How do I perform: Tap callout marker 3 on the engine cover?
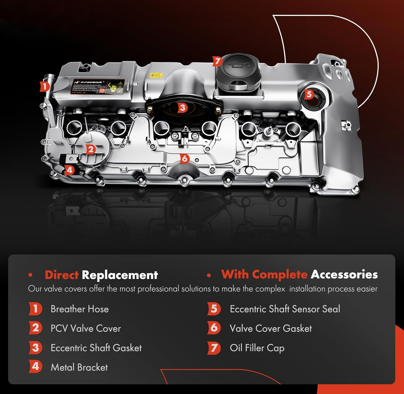pyautogui.click(x=182, y=108)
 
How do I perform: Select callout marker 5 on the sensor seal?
pyautogui.click(x=309, y=94)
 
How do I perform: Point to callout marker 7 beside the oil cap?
pyautogui.click(x=217, y=61)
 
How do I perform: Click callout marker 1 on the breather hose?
pyautogui.click(x=44, y=86)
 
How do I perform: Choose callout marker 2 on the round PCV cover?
pyautogui.click(x=90, y=149)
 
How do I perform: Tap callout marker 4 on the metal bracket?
pyautogui.click(x=69, y=170)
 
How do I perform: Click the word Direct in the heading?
pyautogui.click(x=61, y=275)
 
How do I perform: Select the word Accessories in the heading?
pyautogui.click(x=344, y=274)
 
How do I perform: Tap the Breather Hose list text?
pyautogui.click(x=80, y=309)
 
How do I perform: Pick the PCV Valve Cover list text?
pyautogui.click(x=86, y=328)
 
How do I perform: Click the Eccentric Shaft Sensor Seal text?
pyautogui.click(x=285, y=309)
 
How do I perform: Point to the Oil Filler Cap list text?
pyautogui.click(x=257, y=348)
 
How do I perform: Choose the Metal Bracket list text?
pyautogui.click(x=79, y=367)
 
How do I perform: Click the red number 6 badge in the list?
pyautogui.click(x=214, y=328)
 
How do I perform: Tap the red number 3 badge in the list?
pyautogui.click(x=35, y=348)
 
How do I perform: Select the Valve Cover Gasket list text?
pyautogui.click(x=271, y=328)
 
